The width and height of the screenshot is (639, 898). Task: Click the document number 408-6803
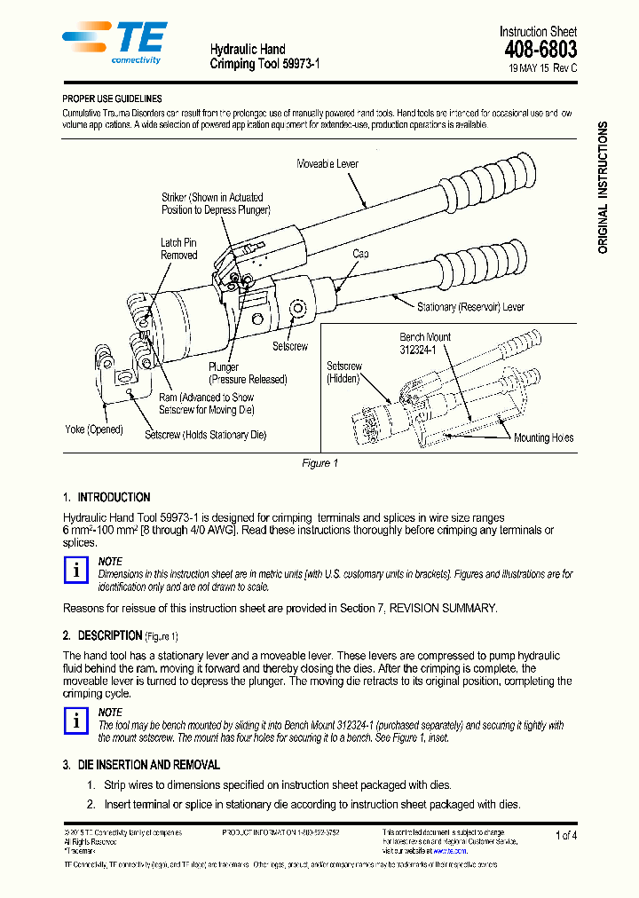[x=540, y=50]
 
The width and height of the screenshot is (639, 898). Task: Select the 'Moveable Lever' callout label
[x=327, y=164]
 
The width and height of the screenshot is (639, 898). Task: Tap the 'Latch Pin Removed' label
[x=178, y=248]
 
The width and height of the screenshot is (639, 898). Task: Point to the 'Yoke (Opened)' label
[x=94, y=430]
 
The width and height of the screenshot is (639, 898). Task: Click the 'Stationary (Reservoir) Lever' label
[x=470, y=307]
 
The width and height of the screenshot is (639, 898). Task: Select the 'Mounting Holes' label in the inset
[x=543, y=437]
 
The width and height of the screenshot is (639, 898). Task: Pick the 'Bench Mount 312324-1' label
[x=425, y=343]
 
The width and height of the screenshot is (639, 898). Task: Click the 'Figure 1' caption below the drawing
[x=320, y=464]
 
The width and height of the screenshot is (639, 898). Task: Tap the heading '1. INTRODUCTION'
[x=106, y=498]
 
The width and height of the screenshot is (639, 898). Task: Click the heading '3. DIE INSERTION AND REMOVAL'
[x=141, y=765]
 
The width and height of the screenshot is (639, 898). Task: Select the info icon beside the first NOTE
[x=78, y=571]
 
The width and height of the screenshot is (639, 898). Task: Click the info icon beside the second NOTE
[x=78, y=721]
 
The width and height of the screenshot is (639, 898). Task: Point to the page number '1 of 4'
[x=565, y=835]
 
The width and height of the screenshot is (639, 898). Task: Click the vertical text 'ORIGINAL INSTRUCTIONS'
[x=603, y=188]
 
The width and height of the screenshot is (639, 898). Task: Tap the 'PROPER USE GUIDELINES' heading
[x=112, y=99]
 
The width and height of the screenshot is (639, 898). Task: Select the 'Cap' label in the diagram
[x=360, y=254]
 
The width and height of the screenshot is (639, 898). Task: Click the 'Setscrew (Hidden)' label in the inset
[x=343, y=372]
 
